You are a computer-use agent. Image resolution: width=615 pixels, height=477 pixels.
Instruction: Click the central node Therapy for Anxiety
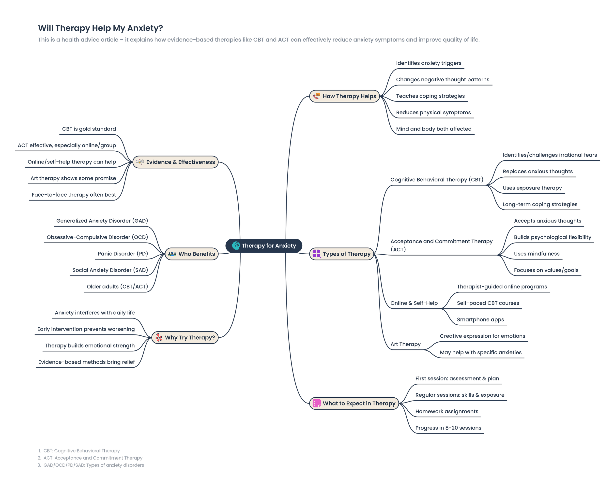pyautogui.click(x=264, y=246)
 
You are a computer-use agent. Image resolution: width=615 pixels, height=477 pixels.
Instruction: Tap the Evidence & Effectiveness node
pyautogui.click(x=175, y=162)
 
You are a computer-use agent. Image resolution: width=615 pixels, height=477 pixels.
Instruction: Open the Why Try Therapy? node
pyautogui.click(x=185, y=337)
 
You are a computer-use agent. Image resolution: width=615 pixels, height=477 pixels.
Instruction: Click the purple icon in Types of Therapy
pyautogui.click(x=316, y=254)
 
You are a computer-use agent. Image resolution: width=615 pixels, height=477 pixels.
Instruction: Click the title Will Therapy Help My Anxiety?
pyautogui.click(x=101, y=28)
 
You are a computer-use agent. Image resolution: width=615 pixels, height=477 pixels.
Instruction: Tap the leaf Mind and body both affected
pyautogui.click(x=434, y=129)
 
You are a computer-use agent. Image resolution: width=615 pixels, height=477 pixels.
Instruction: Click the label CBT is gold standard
pyautogui.click(x=89, y=129)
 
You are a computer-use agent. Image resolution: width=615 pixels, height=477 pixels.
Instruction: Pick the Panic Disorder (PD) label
pyautogui.click(x=123, y=254)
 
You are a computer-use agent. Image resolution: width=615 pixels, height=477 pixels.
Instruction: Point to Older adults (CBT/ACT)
pyautogui.click(x=117, y=287)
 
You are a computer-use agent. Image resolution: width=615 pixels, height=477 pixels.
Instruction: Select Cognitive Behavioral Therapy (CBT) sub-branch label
pyautogui.click(x=437, y=180)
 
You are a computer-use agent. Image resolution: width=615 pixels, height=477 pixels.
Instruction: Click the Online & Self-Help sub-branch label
pyautogui.click(x=414, y=303)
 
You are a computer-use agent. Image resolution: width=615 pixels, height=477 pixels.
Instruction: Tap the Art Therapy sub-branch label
pyautogui.click(x=405, y=344)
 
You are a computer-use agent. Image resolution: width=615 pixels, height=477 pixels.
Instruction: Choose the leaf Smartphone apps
pyautogui.click(x=480, y=319)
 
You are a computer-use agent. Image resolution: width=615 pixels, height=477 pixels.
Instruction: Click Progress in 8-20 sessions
pyautogui.click(x=448, y=428)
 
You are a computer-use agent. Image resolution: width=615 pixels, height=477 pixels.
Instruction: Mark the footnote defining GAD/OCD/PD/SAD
pyautogui.click(x=93, y=465)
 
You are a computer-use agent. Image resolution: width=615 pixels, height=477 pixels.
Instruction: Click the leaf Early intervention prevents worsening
pyautogui.click(x=86, y=329)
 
